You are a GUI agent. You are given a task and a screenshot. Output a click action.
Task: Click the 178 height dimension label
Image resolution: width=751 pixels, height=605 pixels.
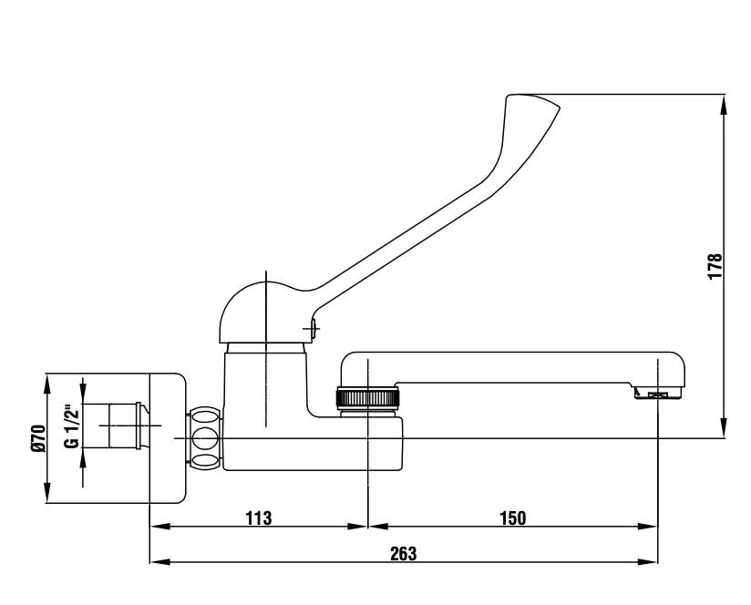715,267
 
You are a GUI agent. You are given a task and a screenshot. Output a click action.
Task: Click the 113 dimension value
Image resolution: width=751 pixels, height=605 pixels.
259,518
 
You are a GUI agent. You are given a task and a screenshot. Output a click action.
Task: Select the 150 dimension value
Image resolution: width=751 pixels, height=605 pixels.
513,518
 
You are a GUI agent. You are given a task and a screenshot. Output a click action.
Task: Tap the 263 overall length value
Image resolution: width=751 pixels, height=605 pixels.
403,554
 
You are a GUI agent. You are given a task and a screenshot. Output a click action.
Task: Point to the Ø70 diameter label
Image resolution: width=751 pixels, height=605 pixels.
38,438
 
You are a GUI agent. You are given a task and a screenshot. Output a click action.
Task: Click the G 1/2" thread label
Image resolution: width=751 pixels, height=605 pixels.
71,427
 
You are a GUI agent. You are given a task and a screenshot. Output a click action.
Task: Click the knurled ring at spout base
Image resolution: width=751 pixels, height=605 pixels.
368,398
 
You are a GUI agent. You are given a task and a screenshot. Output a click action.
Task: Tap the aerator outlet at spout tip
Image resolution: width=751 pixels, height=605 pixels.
658,394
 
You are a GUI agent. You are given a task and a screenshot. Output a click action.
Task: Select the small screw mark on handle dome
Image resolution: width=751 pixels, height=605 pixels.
312,328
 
